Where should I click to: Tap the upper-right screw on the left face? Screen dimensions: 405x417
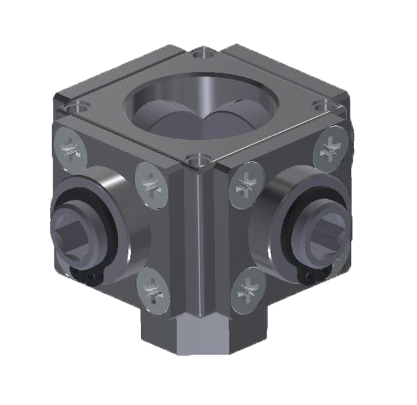point(152,182)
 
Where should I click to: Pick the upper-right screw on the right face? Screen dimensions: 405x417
point(328,151)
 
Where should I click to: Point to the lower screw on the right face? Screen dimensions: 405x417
point(246,291)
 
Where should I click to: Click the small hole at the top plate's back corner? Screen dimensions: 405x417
point(202,52)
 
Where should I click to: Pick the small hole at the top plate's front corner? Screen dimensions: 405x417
point(200,161)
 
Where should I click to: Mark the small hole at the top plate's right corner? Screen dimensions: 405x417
point(322,104)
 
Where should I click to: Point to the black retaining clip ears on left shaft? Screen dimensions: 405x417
point(87,278)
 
